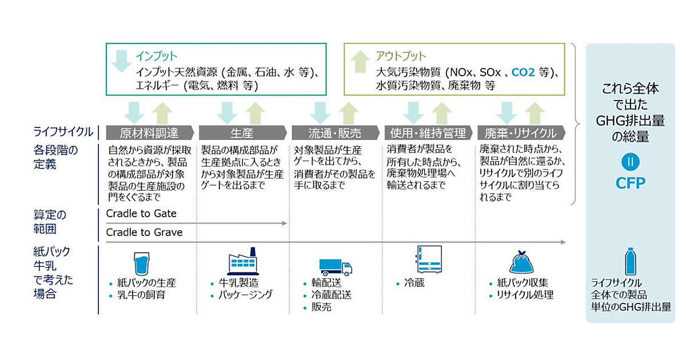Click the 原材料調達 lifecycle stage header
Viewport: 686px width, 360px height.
pyautogui.click(x=150, y=133)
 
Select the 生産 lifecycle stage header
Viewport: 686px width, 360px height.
pyautogui.click(x=242, y=133)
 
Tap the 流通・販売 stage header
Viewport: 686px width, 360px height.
pyautogui.click(x=334, y=133)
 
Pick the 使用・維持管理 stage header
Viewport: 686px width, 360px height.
pyautogui.click(x=428, y=133)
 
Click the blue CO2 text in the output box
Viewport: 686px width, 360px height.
pyautogui.click(x=524, y=73)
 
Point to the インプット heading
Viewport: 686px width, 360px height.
pyautogui.click(x=157, y=56)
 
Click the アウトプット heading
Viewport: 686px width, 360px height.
pyautogui.click(x=401, y=56)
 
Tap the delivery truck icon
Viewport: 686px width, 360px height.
pyautogui.click(x=335, y=267)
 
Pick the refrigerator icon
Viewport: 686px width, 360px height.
pyautogui.click(x=429, y=260)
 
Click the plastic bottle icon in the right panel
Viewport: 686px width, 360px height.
pyautogui.click(x=630, y=261)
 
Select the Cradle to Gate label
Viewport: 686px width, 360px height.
pyautogui.click(x=141, y=213)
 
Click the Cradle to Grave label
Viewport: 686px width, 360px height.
pyautogui.click(x=144, y=232)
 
